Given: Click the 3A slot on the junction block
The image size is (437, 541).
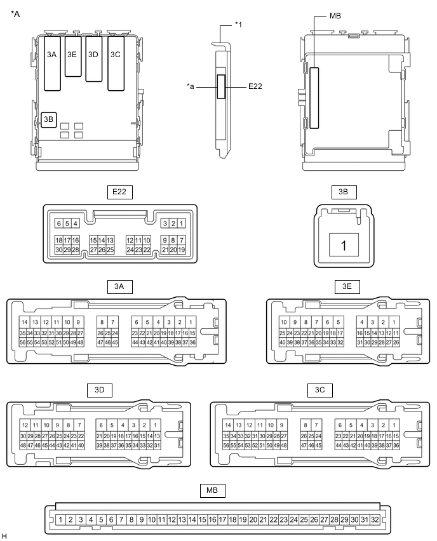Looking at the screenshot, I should click(x=52, y=55).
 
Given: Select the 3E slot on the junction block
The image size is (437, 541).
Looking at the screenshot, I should click(x=72, y=55).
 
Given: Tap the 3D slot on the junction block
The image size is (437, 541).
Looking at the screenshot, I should click(x=93, y=55).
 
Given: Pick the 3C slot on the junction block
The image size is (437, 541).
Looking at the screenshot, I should click(x=115, y=55).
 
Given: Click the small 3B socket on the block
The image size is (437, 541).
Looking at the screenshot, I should click(x=49, y=119).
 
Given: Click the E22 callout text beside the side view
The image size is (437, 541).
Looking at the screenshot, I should click(x=255, y=86).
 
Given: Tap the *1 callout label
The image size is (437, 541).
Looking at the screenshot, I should click(x=239, y=24).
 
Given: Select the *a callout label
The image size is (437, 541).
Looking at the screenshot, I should click(x=192, y=86).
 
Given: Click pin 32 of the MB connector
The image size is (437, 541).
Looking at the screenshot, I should click(x=375, y=519).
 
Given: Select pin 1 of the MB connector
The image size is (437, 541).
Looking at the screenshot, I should click(x=60, y=519).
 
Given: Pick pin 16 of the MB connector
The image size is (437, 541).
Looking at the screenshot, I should click(x=213, y=519).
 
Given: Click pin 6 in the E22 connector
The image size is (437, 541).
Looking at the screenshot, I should click(x=58, y=224).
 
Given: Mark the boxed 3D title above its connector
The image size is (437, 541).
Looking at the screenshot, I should click(x=99, y=389).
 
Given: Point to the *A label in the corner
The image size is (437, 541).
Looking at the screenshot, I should click(x=16, y=13).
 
